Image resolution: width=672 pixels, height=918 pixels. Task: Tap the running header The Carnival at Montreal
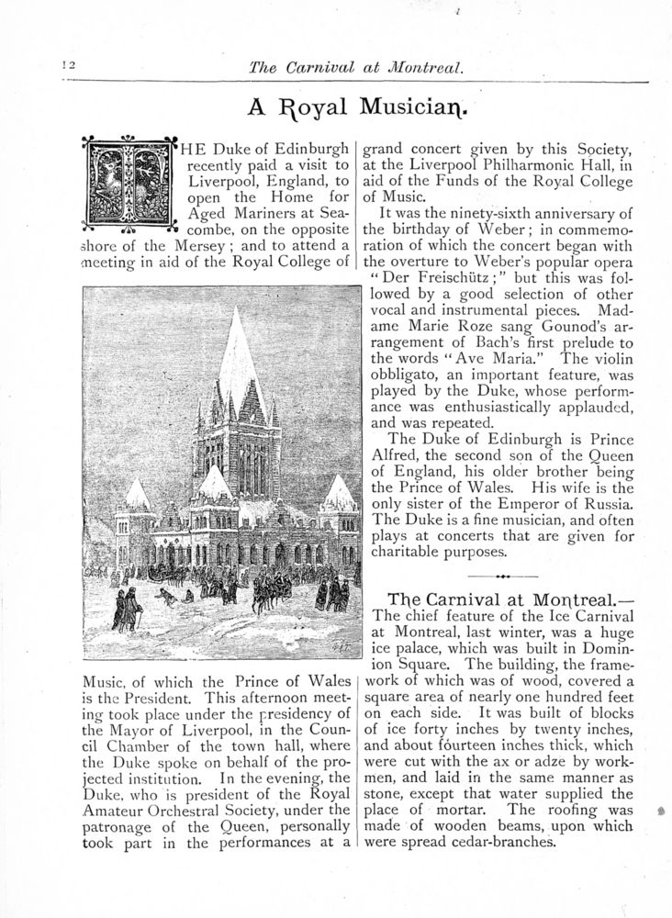tap(353, 67)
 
